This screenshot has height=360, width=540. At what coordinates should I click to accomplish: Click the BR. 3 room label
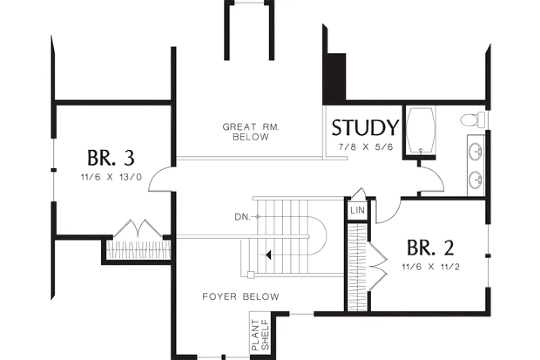coord(110,158)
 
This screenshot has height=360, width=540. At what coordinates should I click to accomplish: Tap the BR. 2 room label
coord(431,248)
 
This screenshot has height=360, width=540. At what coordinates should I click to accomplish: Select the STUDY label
coord(365,128)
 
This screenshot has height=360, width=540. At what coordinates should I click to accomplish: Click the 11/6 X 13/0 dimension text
coord(111,178)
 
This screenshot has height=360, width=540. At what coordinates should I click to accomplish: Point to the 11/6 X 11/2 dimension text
coord(431,267)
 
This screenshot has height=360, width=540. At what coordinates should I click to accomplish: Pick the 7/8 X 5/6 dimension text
coord(366,147)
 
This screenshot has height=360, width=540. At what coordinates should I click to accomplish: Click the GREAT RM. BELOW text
coord(251,132)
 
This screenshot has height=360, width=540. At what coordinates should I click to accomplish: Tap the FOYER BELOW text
coord(241,297)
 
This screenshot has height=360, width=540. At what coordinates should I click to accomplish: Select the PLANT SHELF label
coord(260,335)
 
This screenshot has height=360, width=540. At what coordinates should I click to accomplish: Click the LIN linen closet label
coord(358,210)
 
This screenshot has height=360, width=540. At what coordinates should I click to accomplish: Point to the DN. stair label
coord(242,217)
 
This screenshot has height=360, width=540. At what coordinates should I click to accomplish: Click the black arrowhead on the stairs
coord(269,255)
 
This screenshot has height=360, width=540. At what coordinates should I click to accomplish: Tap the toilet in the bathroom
coord(472,120)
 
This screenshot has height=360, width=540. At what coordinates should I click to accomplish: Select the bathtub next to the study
coord(420,131)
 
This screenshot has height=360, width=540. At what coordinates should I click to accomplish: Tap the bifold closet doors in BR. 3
coord(138,228)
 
